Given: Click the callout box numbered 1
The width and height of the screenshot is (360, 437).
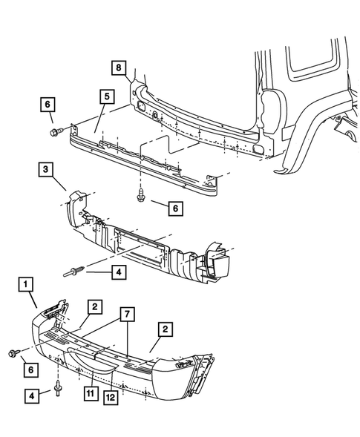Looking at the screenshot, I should click(x=26, y=283).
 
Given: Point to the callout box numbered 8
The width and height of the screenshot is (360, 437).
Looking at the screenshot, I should click(x=118, y=68).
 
